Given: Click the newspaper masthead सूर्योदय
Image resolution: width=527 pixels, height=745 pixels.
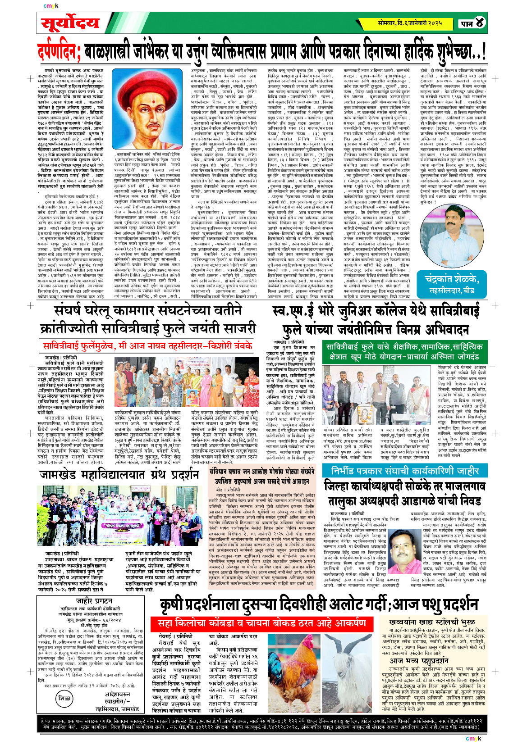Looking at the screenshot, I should [70, 23].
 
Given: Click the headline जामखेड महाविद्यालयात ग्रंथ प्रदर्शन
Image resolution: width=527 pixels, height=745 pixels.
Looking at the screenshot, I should [119, 475].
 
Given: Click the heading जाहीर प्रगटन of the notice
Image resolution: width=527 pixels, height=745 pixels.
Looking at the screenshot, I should [94, 601].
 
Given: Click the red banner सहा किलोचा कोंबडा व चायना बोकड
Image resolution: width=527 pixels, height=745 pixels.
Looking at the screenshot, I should [261, 623].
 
